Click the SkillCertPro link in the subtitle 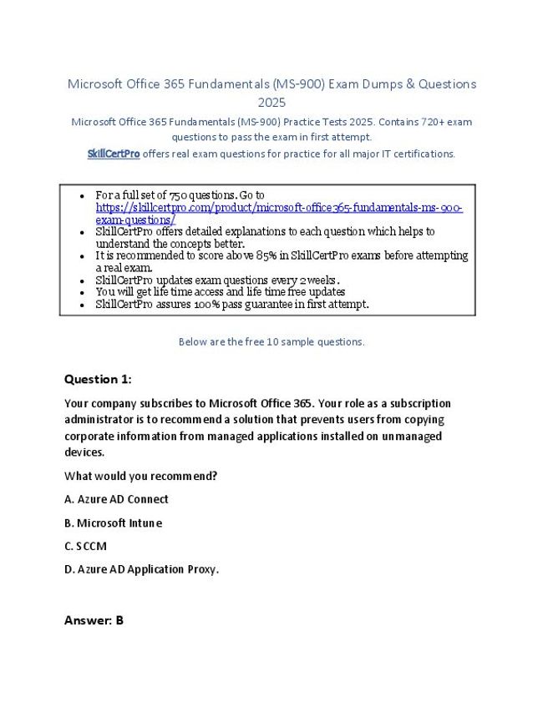114,154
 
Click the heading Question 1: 98,379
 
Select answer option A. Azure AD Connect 116,499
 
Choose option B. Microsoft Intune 113,523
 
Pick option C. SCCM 85,546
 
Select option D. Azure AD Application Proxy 141,569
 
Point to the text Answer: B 94,620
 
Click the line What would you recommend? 140,476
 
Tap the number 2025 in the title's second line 271,103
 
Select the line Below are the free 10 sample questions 271,341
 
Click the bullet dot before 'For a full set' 81,196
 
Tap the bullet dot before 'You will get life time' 81,292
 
